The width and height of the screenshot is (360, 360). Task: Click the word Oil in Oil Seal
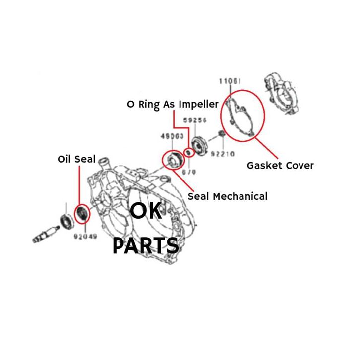[64, 160]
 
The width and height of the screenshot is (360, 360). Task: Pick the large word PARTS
[145, 245]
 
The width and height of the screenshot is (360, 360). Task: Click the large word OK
[146, 212]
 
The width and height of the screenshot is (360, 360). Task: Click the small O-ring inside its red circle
[188, 152]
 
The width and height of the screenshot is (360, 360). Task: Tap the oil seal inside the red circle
[82, 214]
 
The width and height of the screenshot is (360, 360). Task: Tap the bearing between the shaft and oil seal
[64, 220]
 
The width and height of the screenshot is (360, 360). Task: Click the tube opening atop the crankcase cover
[104, 162]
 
